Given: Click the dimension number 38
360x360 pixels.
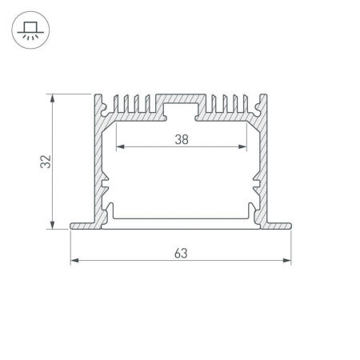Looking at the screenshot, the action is tap(182, 139).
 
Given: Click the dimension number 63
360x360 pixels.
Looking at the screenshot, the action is tap(181, 254).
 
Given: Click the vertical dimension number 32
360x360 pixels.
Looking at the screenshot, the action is tap(46, 162).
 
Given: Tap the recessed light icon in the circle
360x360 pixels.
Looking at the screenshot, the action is tap(30, 30).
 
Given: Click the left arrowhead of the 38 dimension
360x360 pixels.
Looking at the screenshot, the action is tap(120, 146).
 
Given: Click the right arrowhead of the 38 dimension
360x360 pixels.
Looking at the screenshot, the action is tap(242, 146).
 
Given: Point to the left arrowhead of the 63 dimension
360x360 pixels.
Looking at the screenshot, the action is tap(74, 260).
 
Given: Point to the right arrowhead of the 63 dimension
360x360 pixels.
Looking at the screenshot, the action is tap(286, 260).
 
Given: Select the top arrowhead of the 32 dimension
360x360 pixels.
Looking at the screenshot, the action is tap(53, 98).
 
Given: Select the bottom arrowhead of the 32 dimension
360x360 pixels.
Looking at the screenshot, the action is tap(53, 225).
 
